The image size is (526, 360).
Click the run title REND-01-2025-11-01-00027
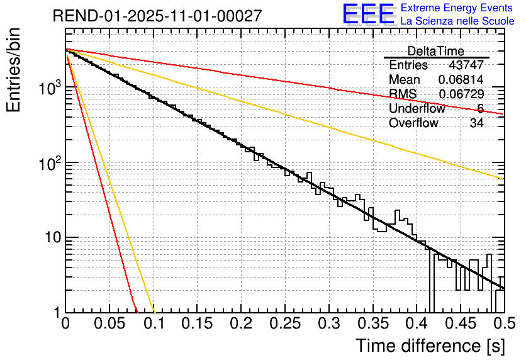[157, 16]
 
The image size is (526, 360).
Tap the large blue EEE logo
[368, 15]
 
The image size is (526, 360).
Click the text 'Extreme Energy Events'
[457, 8]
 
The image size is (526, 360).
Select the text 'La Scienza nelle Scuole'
[457, 21]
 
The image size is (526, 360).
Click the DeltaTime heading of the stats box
[436, 51]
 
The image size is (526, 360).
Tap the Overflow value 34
[476, 123]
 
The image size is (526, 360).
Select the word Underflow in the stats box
[417, 109]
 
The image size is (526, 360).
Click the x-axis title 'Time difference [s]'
[430, 346]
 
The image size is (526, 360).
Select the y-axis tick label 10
[50, 239]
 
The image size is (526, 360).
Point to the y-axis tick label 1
[57, 313]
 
